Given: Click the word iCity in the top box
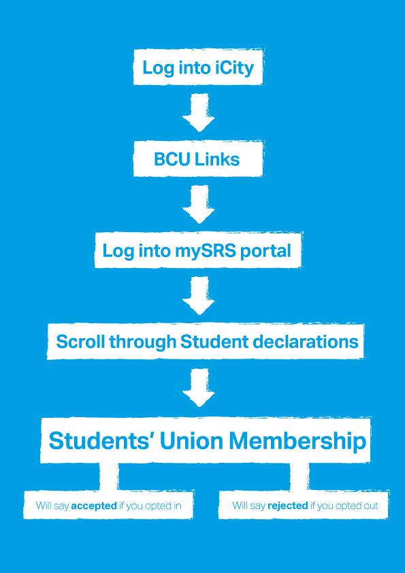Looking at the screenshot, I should coord(236,68).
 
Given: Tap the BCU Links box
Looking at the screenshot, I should coord(197,160).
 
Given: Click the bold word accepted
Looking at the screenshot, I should coord(94,506).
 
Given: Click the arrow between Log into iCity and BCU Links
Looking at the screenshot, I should coord(198,112).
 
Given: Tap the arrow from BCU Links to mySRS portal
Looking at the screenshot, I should coord(198,204).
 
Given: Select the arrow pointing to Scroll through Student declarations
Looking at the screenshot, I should coord(198,295).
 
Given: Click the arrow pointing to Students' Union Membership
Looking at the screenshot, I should coord(198,388).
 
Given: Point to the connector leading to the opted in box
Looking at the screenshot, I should coord(109,476).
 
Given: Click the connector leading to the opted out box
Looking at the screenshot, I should coord(299,476).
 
